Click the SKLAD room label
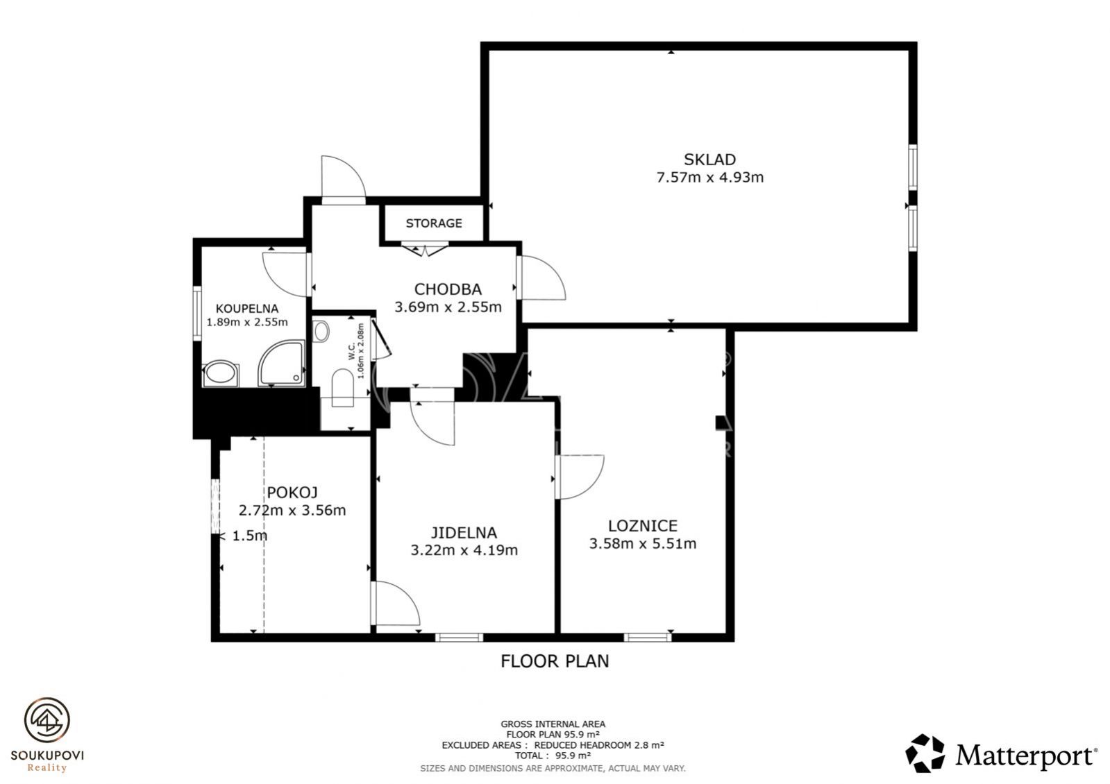click(x=709, y=160)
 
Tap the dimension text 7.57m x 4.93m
click(x=709, y=178)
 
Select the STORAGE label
click(x=434, y=223)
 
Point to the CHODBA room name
click(x=448, y=289)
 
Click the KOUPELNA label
click(x=246, y=309)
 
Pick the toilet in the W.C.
click(x=342, y=388)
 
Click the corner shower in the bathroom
click(x=281, y=363)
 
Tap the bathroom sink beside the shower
click(x=220, y=373)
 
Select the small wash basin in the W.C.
click(x=321, y=331)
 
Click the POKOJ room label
click(x=292, y=493)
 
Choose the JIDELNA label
click(x=463, y=532)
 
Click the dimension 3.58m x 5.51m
click(x=642, y=543)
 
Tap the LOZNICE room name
click(x=642, y=525)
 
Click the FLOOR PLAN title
click(x=555, y=661)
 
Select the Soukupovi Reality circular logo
click(x=47, y=720)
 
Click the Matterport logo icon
click(x=925, y=753)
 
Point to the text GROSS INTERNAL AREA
click(x=553, y=724)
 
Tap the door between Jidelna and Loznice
click(x=580, y=477)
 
